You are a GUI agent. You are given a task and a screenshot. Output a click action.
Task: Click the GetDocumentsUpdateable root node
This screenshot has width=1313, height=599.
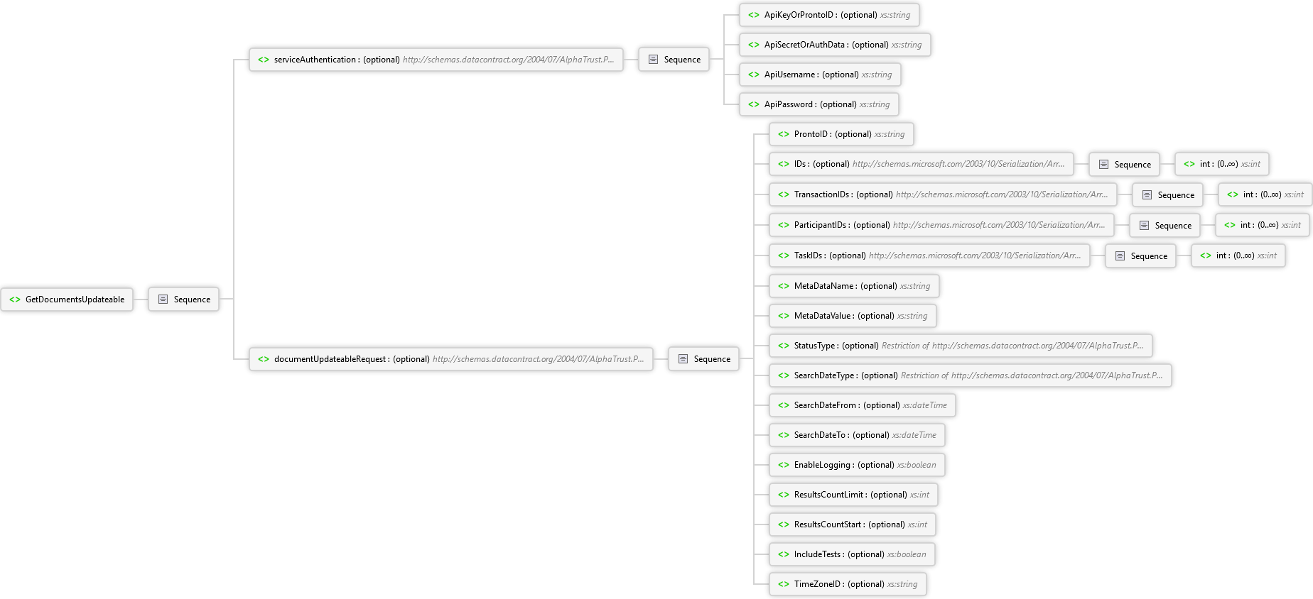67,299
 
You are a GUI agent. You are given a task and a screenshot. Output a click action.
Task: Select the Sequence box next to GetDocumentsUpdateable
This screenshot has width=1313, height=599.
184,299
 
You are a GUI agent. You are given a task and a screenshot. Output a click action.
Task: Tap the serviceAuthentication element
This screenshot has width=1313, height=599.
436,60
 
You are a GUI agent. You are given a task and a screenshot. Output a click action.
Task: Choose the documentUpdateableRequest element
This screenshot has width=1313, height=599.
451,359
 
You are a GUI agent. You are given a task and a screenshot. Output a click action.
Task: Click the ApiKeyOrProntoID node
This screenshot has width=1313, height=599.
829,15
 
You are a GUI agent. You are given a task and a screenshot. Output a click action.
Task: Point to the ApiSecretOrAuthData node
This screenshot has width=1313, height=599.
835,45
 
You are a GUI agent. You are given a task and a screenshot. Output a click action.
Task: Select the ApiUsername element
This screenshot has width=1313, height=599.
820,75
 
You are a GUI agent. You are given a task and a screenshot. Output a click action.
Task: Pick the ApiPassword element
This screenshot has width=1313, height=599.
819,104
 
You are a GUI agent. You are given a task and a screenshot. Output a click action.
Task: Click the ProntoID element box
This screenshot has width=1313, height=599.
841,134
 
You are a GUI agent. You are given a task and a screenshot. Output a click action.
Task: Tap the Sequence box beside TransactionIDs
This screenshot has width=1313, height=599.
1168,195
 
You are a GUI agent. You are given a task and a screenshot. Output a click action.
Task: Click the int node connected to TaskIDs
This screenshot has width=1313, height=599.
1238,255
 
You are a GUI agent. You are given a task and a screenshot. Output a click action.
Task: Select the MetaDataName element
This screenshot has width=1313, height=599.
854,286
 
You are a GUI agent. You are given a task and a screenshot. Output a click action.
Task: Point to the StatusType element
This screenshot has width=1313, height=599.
961,346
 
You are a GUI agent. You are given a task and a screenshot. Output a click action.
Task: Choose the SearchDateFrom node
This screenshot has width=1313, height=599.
863,405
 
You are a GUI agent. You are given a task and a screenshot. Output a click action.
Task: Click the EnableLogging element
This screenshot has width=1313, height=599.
857,465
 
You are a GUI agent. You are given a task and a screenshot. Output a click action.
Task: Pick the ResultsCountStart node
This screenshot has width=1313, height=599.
853,524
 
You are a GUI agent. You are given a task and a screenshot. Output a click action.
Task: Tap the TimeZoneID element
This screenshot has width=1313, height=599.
848,584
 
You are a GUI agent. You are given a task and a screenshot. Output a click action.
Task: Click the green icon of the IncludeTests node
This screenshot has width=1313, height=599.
784,554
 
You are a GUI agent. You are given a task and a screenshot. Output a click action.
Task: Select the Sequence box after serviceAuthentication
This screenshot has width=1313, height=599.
674,60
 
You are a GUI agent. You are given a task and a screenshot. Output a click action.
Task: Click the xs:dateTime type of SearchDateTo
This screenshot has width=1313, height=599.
914,435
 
